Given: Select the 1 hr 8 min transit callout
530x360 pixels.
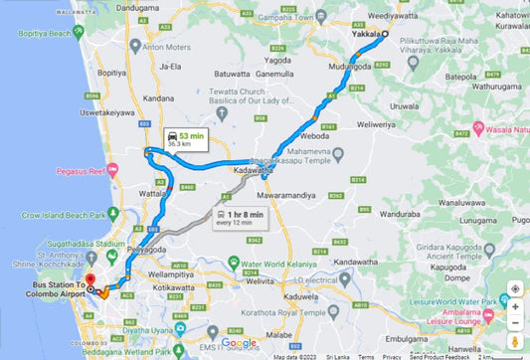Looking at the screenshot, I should pos(242,218).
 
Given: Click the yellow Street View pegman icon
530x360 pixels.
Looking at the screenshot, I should pos(515,340).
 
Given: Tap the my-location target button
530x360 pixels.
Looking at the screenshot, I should pos(515,289).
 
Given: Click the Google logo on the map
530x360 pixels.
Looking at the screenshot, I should pos(239,343).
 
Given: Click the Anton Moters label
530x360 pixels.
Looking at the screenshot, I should pos(167,47).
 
